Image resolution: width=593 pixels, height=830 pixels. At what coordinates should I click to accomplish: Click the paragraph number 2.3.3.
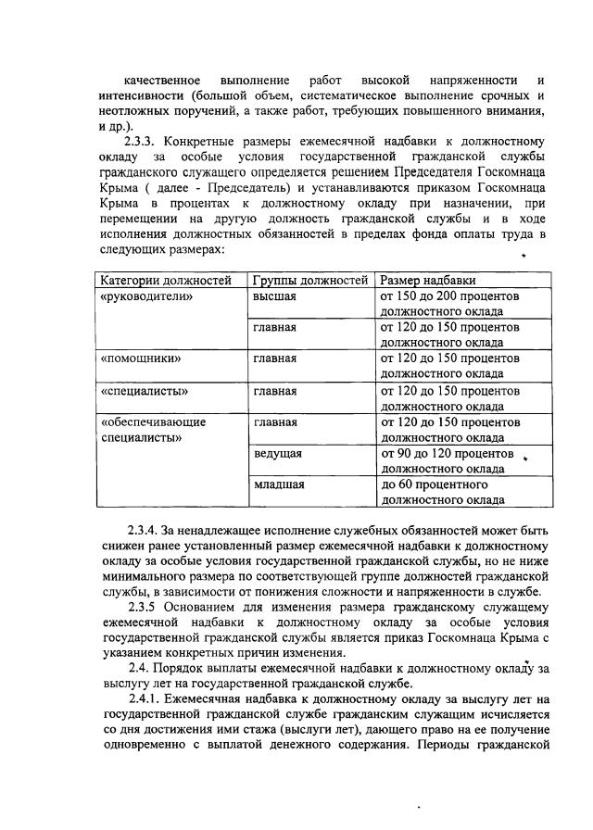pyautogui.click(x=144, y=142)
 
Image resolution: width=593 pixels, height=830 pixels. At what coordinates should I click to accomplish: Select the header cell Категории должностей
pyautogui.click(x=165, y=281)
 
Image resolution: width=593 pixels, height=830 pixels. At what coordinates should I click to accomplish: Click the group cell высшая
pyautogui.click(x=274, y=296)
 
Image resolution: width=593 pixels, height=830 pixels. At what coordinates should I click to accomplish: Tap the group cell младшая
pyautogui.click(x=279, y=484)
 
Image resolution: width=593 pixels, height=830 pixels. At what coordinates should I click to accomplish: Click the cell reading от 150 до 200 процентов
pyautogui.click(x=449, y=296)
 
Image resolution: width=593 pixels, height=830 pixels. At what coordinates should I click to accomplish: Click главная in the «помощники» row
pyautogui.click(x=275, y=358)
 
